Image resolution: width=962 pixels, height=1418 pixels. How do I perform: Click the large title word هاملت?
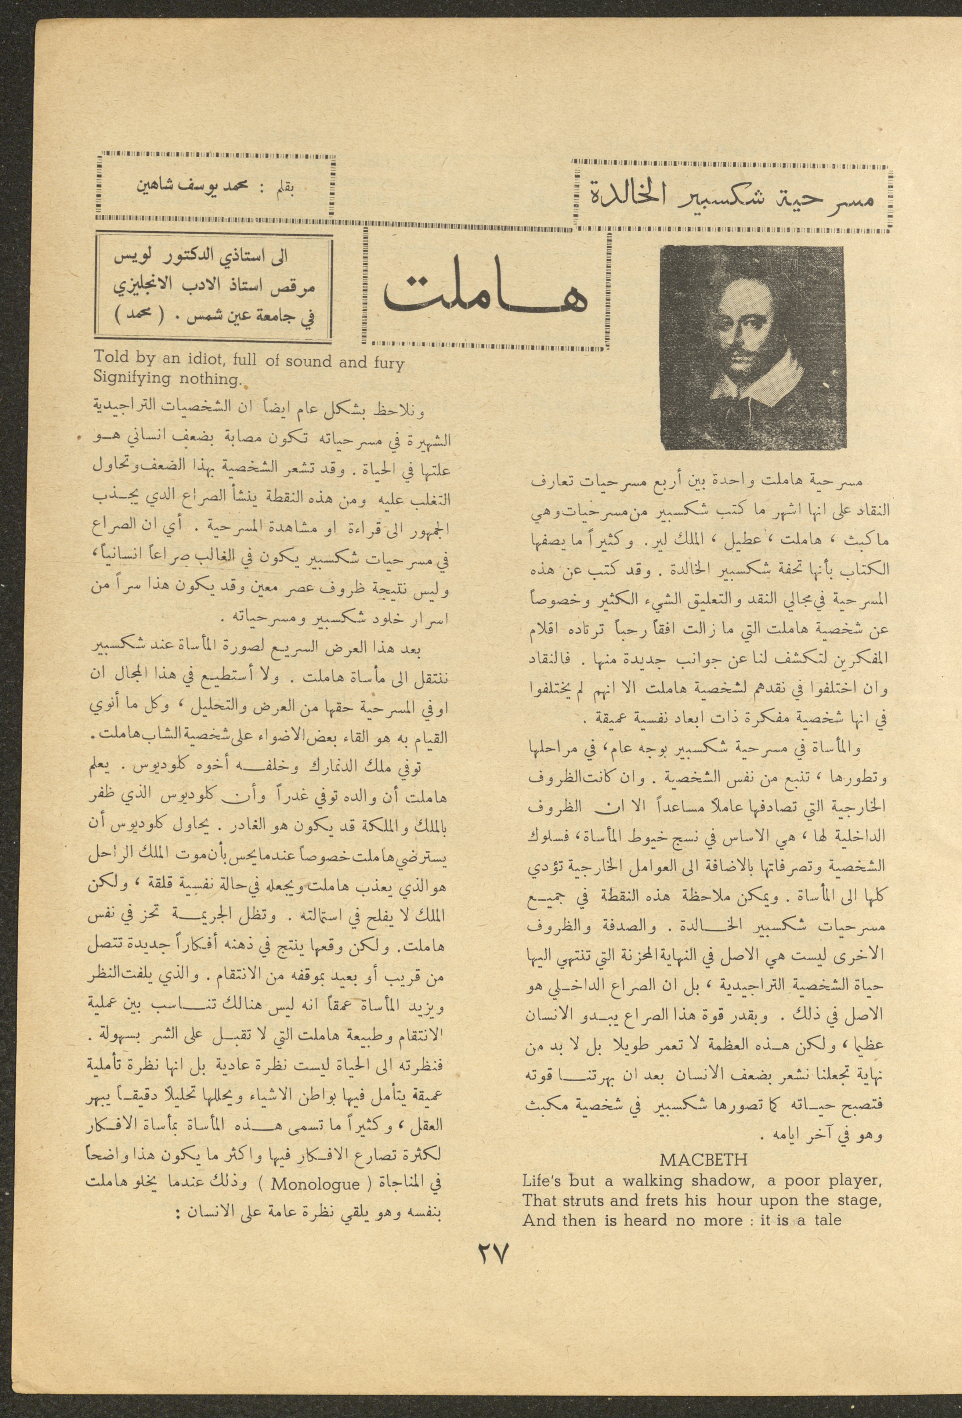point(485,294)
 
